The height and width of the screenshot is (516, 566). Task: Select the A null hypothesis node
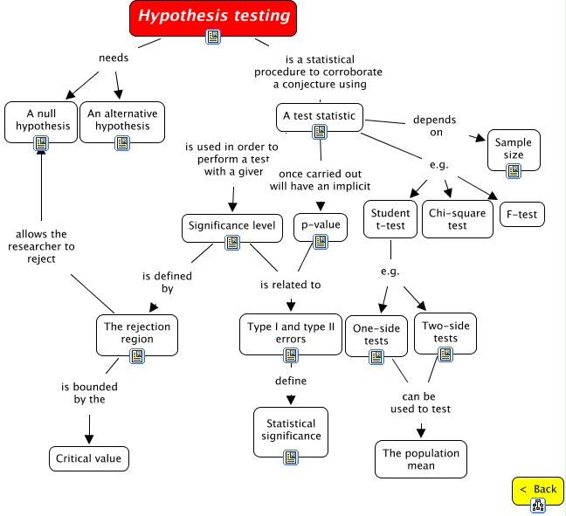41,120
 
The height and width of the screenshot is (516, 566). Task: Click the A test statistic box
319,115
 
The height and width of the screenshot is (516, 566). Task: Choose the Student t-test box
390,218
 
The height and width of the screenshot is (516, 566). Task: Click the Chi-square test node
458,218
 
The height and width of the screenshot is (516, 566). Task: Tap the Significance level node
232,226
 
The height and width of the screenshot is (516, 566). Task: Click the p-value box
320,226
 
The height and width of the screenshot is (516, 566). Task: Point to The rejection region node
137,334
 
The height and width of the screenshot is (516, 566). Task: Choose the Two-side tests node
445,332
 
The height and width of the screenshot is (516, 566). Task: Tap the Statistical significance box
291,430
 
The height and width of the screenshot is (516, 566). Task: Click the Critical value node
87,458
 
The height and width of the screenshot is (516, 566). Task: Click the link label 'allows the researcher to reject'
45,246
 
